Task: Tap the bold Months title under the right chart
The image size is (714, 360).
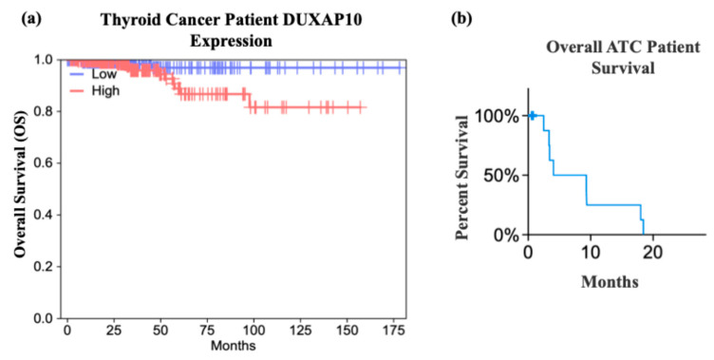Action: coord(609,281)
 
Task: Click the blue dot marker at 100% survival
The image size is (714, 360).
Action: coord(533,116)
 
